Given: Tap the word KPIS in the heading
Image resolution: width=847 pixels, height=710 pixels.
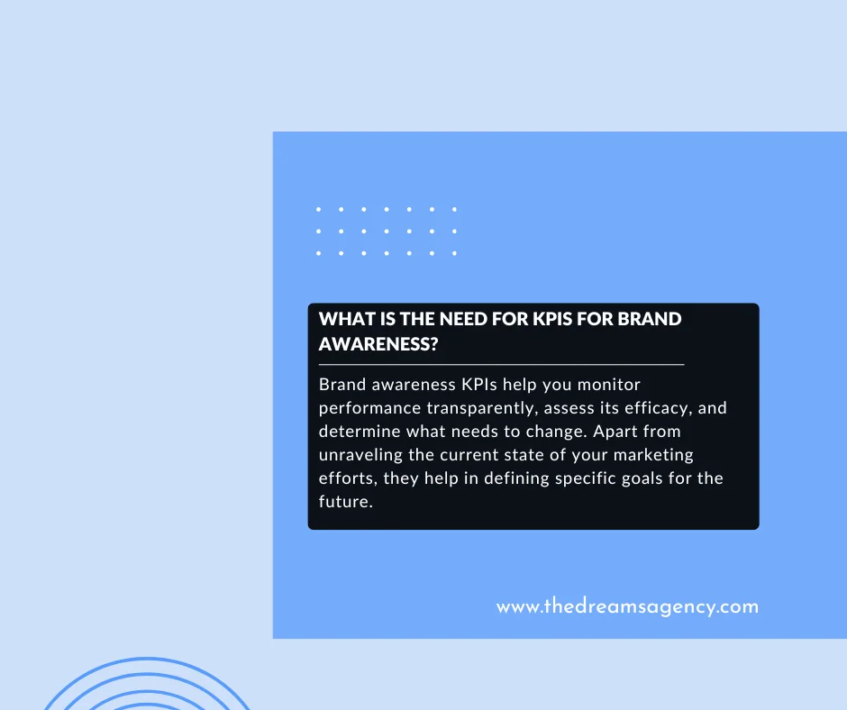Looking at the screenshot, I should pos(563,319).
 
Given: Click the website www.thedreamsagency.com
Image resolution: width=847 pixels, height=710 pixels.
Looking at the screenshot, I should pos(627,606).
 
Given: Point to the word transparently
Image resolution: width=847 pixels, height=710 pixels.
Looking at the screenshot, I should pos(478,408).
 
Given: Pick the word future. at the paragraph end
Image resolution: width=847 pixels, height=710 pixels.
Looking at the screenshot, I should pos(345,502).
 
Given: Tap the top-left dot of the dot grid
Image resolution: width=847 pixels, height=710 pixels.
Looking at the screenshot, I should pos(319,209).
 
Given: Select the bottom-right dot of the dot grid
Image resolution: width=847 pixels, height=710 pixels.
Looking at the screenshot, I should pos(454,253).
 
